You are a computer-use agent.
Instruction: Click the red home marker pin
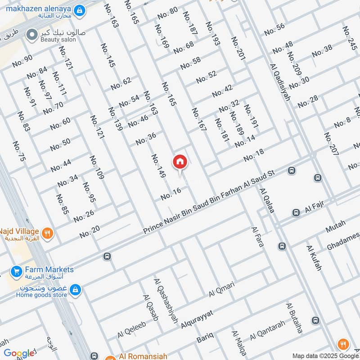[x=180, y=162]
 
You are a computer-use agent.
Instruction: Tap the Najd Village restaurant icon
[x=48, y=233]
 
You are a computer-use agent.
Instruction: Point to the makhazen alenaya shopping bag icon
[x=80, y=9]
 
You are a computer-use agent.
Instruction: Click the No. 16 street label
[x=171, y=194]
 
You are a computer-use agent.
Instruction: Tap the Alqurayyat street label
[x=197, y=319]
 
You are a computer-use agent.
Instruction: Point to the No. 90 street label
[x=22, y=61]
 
